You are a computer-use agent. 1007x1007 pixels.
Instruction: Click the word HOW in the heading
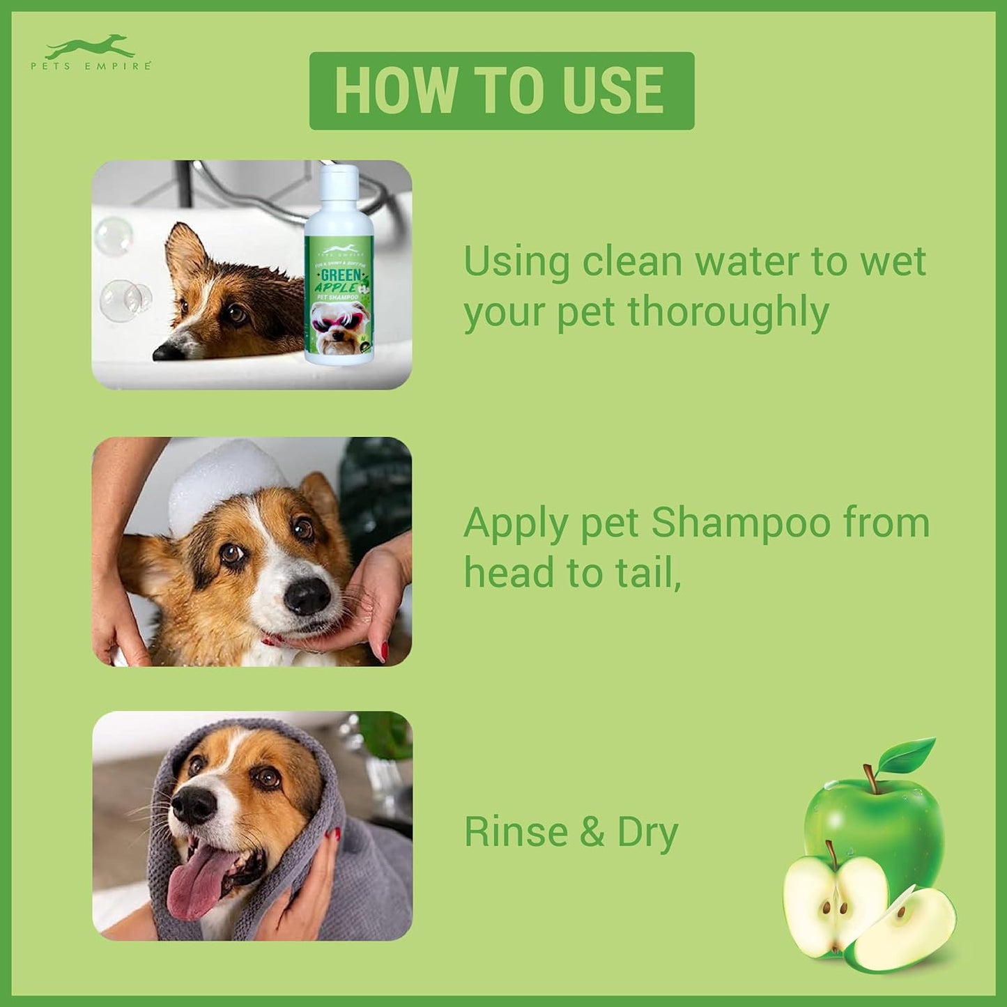[394, 91]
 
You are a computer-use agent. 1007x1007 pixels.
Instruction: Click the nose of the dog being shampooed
[307, 596]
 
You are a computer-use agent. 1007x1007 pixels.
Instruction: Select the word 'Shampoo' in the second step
[741, 523]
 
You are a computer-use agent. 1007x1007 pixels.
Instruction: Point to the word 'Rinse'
[516, 832]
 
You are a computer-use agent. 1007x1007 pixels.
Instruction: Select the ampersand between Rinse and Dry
[592, 833]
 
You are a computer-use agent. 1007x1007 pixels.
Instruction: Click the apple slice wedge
[906, 930]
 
